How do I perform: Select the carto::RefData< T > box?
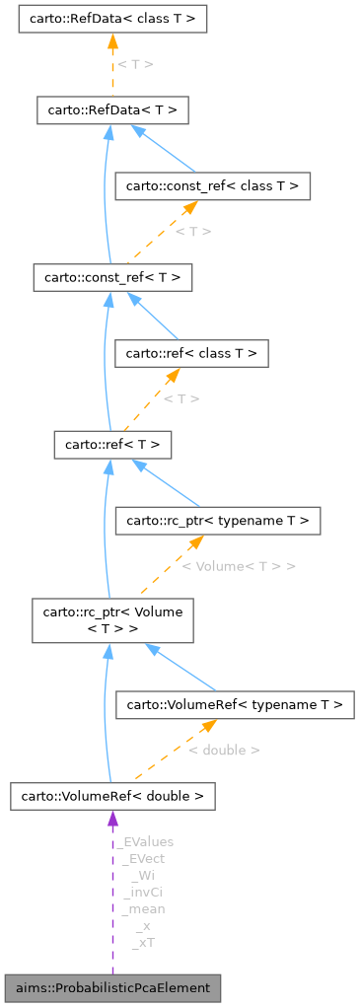click(x=111, y=109)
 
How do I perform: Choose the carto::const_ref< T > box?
click(x=111, y=277)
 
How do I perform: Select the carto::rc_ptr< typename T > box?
click(x=218, y=520)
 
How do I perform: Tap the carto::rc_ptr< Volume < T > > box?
click(x=111, y=619)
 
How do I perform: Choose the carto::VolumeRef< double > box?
click(x=112, y=796)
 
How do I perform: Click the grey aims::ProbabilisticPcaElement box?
click(x=112, y=987)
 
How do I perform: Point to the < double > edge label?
click(x=224, y=751)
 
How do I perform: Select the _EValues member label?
click(x=145, y=842)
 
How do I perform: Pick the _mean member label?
click(x=143, y=908)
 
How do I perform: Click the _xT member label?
click(x=143, y=942)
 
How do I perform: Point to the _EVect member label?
click(x=143, y=859)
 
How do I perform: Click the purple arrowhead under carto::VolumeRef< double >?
click(x=112, y=819)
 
